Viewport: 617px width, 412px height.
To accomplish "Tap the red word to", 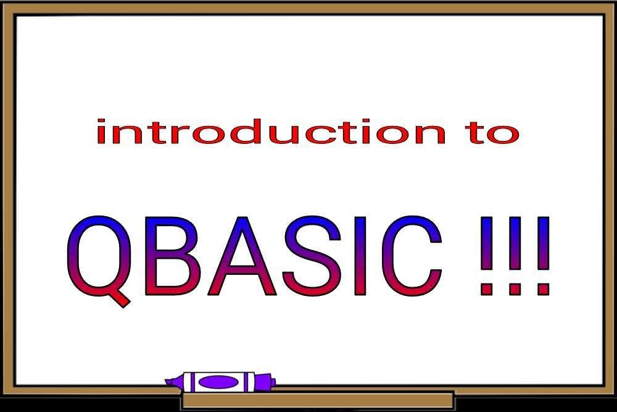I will pyautogui.click(x=492, y=132).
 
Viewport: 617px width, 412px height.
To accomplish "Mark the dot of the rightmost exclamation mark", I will pyautogui.click(x=542, y=288).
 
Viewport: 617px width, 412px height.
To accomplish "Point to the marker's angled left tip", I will pyautogui.click(x=173, y=380).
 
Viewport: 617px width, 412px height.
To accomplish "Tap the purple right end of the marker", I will pyautogui.click(x=265, y=381).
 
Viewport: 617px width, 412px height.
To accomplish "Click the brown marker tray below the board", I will pyautogui.click(x=318, y=400).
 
